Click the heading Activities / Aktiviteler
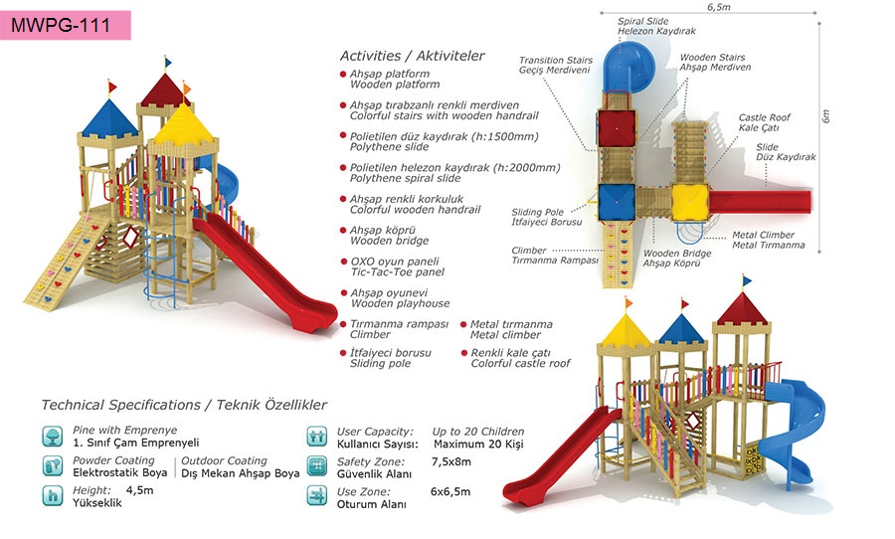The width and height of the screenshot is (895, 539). click(x=412, y=56)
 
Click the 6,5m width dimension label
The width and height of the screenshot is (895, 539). click(x=719, y=7)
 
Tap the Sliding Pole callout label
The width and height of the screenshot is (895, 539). click(x=539, y=217)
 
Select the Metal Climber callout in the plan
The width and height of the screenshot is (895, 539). click(x=768, y=240)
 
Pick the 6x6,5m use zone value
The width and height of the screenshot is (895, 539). click(x=450, y=491)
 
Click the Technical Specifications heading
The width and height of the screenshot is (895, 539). click(x=184, y=405)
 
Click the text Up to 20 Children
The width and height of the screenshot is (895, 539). click(x=478, y=431)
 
